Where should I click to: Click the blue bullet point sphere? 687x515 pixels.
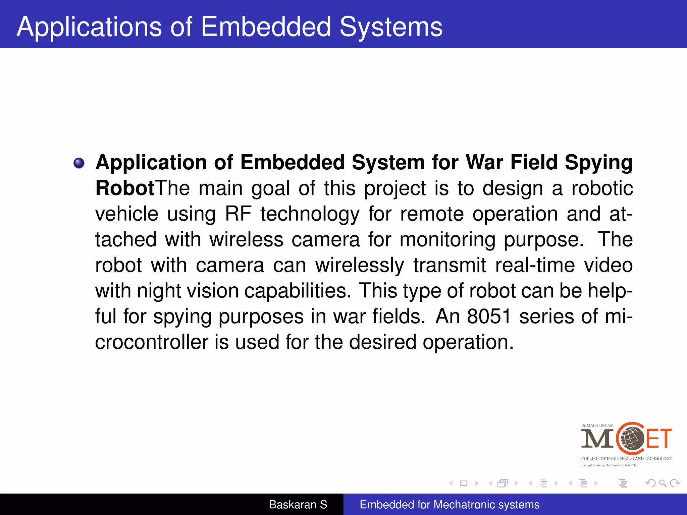(x=79, y=163)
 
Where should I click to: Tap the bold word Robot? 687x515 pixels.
(x=125, y=188)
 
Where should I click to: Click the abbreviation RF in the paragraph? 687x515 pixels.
(x=238, y=214)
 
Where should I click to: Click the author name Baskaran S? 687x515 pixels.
(x=298, y=505)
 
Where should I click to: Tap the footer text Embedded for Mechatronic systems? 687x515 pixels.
(x=450, y=505)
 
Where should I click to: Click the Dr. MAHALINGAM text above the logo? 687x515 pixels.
(x=597, y=425)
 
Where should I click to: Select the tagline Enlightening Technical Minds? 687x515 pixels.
(x=609, y=465)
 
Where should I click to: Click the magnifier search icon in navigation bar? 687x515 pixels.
(x=663, y=483)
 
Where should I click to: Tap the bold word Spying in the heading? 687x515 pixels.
(x=599, y=163)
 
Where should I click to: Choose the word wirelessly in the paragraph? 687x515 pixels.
(x=360, y=265)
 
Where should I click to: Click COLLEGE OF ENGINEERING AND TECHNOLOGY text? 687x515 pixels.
(x=627, y=458)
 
